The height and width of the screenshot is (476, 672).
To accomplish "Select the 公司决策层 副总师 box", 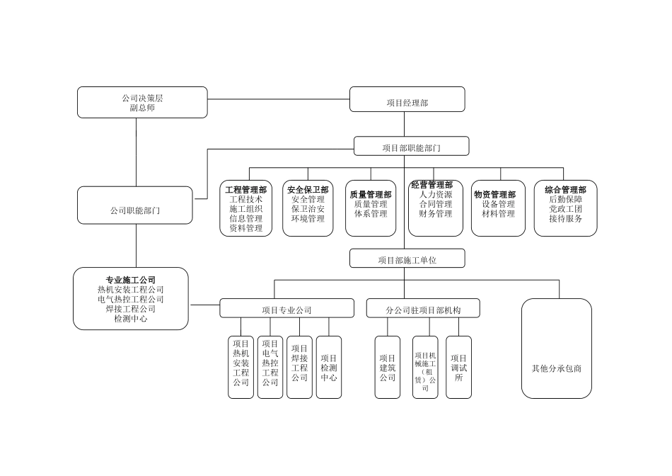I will pos(142,102).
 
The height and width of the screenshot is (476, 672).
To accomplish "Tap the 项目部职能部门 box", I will pos(411,147).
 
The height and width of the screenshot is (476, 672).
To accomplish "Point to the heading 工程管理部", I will pos(245,190).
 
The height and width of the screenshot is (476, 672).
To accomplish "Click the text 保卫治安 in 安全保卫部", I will pos(308,209).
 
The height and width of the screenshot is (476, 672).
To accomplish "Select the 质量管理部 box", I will pos(371,208).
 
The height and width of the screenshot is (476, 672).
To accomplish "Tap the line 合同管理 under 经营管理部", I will pos(435,204).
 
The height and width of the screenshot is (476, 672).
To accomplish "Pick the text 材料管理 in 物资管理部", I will pos(498,214).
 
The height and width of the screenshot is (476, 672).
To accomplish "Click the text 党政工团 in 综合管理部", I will pos(565,209).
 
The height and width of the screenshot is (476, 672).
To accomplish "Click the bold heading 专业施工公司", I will pos(131,280).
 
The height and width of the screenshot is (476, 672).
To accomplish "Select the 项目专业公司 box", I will pos(286,308).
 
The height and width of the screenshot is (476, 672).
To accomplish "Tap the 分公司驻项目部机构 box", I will pos(423,308).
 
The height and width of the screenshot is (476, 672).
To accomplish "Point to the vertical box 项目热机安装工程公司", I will pos(241,367).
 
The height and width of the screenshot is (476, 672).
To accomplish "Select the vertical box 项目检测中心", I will pos(328,367).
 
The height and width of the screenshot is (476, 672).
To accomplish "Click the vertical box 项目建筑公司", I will pos(387,367).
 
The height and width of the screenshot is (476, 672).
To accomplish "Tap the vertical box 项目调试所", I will pos(458,367).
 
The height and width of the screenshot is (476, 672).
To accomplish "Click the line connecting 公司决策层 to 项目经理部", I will pos(279,99).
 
